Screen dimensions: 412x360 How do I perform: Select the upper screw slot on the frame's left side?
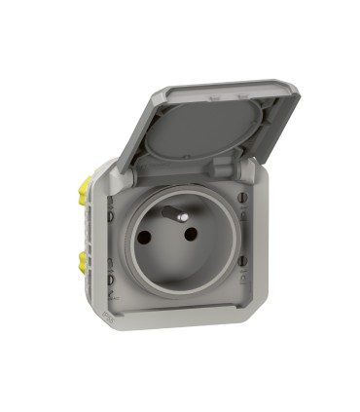pos(111,206)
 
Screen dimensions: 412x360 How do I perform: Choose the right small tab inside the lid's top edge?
pos(239,97)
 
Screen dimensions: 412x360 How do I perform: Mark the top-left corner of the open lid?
pos(156,89)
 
